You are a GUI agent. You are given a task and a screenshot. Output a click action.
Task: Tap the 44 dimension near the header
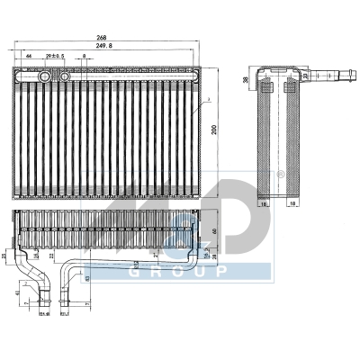(x=29, y=57)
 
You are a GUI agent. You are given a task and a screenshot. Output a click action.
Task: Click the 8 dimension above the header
(x=84, y=57)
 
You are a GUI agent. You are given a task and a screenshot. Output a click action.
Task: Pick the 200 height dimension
(x=214, y=129)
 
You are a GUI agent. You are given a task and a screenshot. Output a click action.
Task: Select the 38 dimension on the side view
(x=246, y=79)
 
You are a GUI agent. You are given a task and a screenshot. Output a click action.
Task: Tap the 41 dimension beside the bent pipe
(x=17, y=291)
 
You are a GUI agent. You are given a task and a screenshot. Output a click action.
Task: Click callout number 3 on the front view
(x=207, y=98)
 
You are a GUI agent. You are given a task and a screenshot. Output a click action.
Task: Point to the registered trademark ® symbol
(x=280, y=174)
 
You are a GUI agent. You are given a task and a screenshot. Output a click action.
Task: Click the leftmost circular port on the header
(x=42, y=78)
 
